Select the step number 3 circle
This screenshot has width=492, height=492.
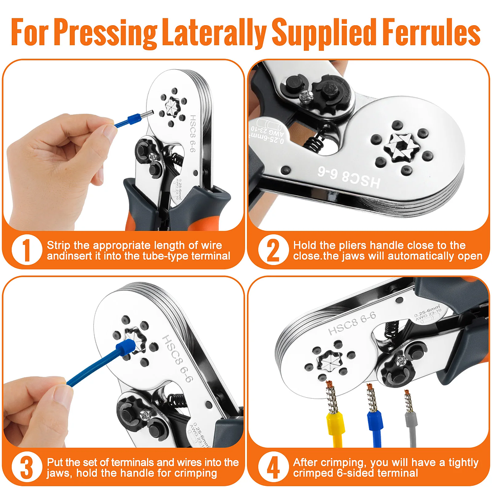point(24,467)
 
